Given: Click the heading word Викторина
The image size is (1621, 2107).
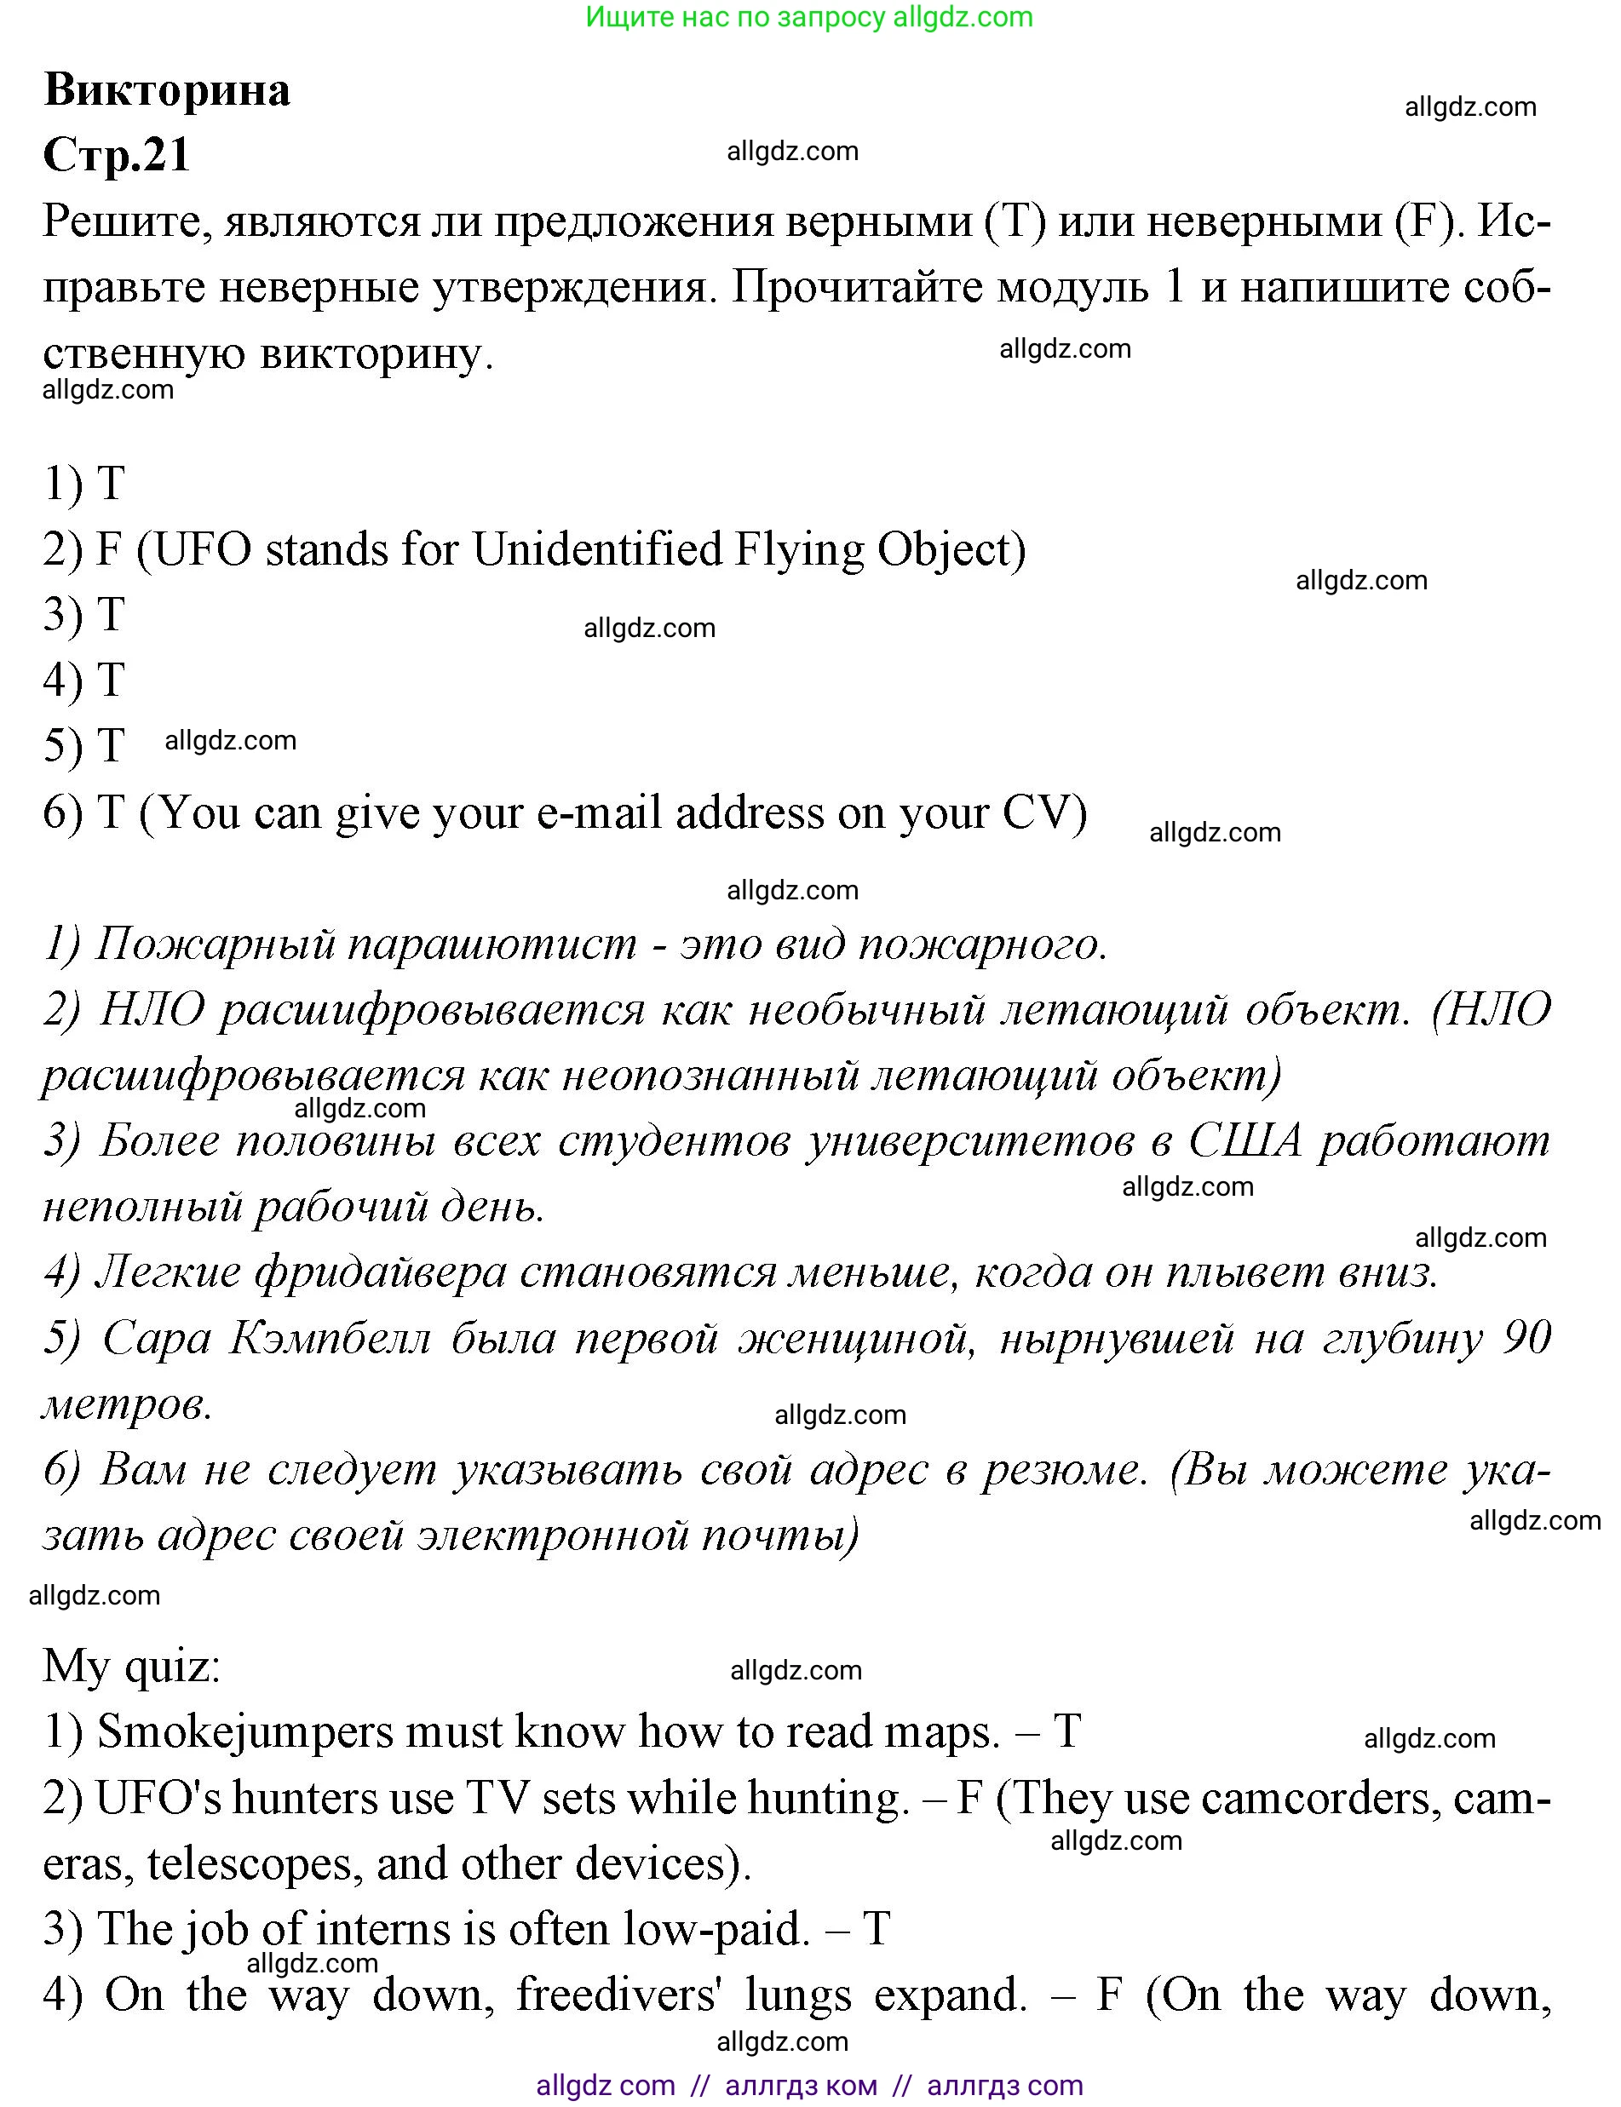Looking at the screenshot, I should click(x=167, y=90).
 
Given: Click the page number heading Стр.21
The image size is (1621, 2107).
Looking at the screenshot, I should click(x=117, y=154).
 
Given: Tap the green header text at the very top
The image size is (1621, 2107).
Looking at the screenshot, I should click(x=808, y=16).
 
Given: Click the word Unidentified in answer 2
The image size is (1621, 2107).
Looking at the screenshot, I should click(x=596, y=550).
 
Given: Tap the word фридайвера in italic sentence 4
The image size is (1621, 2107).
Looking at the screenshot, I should click(x=380, y=1272).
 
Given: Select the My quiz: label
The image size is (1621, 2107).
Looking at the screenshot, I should click(x=131, y=1666).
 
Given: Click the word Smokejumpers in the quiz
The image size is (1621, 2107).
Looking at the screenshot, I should click(x=245, y=1731).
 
